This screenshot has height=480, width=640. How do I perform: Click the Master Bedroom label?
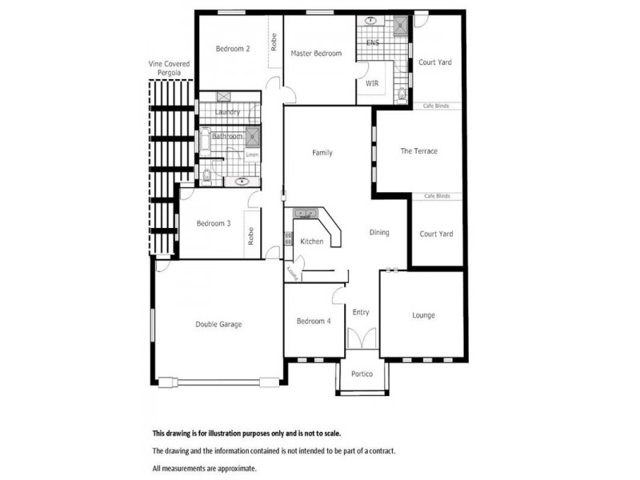click(316, 54)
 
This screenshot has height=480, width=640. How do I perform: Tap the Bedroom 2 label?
click(233, 49)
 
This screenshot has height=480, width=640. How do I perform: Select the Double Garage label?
click(218, 324)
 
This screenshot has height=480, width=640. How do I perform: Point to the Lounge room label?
click(423, 315)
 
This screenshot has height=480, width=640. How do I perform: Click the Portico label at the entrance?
click(362, 374)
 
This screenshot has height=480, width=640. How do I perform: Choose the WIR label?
click(372, 83)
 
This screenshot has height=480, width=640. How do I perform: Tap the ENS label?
click(372, 42)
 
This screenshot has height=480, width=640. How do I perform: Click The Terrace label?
click(418, 151)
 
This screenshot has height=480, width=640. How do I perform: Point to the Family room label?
click(322, 153)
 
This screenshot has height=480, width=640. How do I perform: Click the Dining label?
click(379, 233)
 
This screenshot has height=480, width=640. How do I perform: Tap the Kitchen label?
click(311, 241)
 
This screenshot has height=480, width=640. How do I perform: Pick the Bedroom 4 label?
click(314, 321)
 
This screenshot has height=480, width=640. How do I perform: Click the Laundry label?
click(227, 112)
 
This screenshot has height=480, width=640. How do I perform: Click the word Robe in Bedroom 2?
click(274, 42)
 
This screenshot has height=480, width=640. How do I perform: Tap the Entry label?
click(361, 312)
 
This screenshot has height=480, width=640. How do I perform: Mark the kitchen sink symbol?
click(306, 214)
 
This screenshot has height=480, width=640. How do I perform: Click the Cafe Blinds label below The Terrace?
click(436, 196)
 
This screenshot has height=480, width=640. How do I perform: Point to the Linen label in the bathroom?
click(252, 154)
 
